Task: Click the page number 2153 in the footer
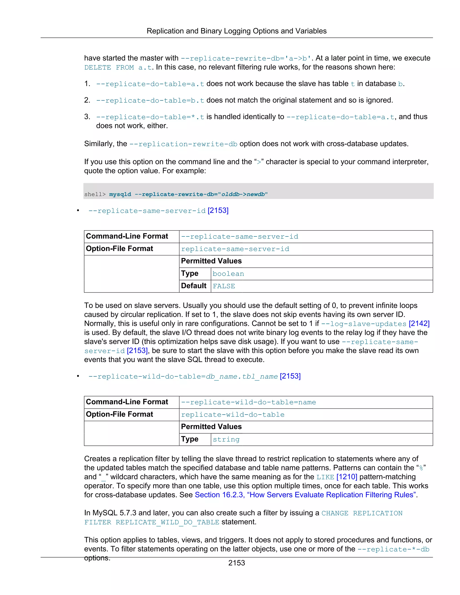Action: coord(236,563)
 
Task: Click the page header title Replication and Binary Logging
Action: coord(236,31)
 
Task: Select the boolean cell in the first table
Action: coord(228,274)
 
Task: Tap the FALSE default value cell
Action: coord(224,286)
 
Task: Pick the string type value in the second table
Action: coord(226,439)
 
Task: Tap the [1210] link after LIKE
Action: coord(347,477)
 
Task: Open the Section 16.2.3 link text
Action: coord(305,495)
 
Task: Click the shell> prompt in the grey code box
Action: coord(95,194)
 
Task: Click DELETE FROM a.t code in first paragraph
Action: coord(118,67)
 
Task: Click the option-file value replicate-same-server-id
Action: coord(235,249)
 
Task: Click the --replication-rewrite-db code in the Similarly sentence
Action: coord(183,144)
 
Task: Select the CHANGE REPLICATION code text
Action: coord(362,513)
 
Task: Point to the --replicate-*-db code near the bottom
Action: coord(393,549)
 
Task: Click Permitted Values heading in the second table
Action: coord(211,427)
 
